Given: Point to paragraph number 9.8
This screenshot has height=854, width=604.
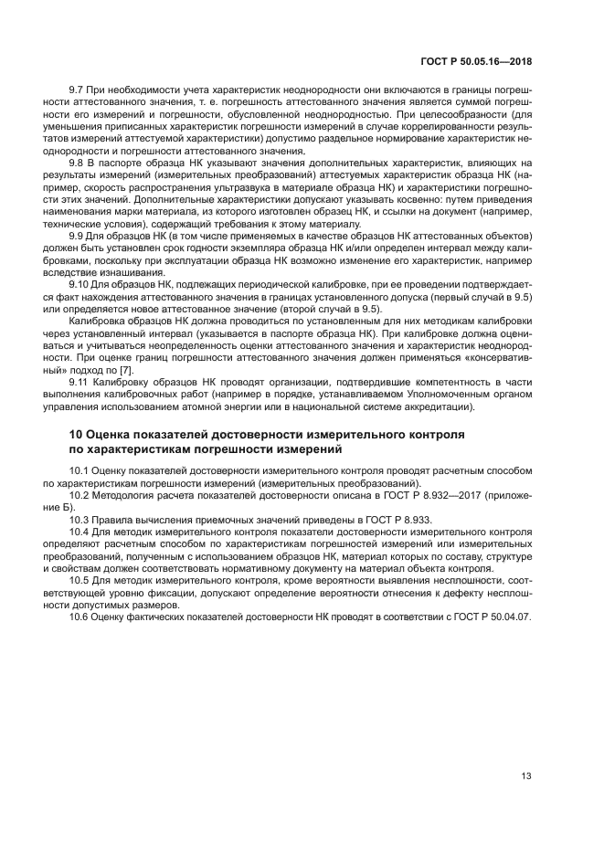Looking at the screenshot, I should [78, 162].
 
